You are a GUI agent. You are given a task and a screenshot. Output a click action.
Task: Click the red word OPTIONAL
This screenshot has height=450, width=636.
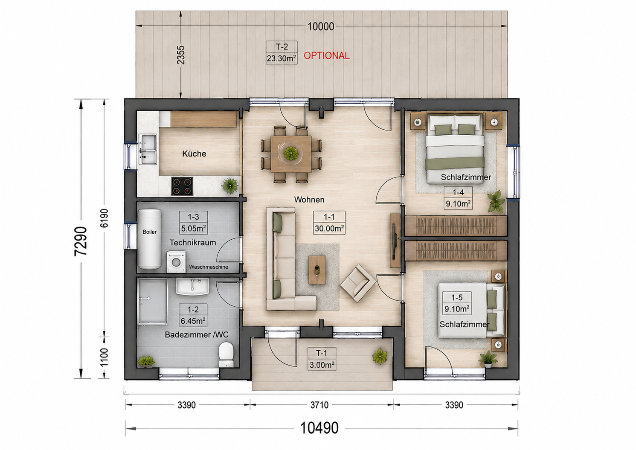326,55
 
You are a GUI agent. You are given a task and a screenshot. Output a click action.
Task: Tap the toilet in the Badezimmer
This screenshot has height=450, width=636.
226,354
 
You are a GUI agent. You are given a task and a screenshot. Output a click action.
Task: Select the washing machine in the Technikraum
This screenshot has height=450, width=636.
176,261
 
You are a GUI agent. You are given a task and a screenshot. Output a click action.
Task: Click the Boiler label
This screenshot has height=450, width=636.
149,232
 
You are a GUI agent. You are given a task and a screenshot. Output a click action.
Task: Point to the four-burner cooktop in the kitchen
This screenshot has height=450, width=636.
182,186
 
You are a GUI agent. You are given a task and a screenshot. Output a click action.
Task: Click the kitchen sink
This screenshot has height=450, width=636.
147,150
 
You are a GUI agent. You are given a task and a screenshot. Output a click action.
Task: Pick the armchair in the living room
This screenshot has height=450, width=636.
358,283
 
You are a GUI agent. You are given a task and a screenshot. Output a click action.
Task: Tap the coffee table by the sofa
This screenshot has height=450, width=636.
317,270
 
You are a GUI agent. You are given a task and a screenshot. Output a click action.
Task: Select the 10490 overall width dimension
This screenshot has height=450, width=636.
319,428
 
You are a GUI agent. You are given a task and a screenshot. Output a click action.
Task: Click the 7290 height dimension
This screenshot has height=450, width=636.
81,241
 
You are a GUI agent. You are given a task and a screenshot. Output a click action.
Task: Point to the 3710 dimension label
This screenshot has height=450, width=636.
319,405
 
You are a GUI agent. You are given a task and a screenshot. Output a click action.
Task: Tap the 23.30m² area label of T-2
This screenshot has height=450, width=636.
282,58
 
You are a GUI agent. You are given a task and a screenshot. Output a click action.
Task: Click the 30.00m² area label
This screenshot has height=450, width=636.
329,228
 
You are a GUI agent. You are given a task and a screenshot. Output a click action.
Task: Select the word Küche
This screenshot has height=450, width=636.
194,154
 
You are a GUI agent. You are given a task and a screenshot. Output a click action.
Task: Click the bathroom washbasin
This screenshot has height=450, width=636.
192,287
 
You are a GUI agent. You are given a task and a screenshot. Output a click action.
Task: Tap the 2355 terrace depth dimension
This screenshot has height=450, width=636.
180,55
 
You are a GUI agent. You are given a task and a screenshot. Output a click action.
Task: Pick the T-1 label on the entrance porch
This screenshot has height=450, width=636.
322,353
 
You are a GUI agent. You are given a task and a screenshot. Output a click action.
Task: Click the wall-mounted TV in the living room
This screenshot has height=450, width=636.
395,241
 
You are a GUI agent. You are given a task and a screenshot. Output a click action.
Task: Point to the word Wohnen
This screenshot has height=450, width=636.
309,200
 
